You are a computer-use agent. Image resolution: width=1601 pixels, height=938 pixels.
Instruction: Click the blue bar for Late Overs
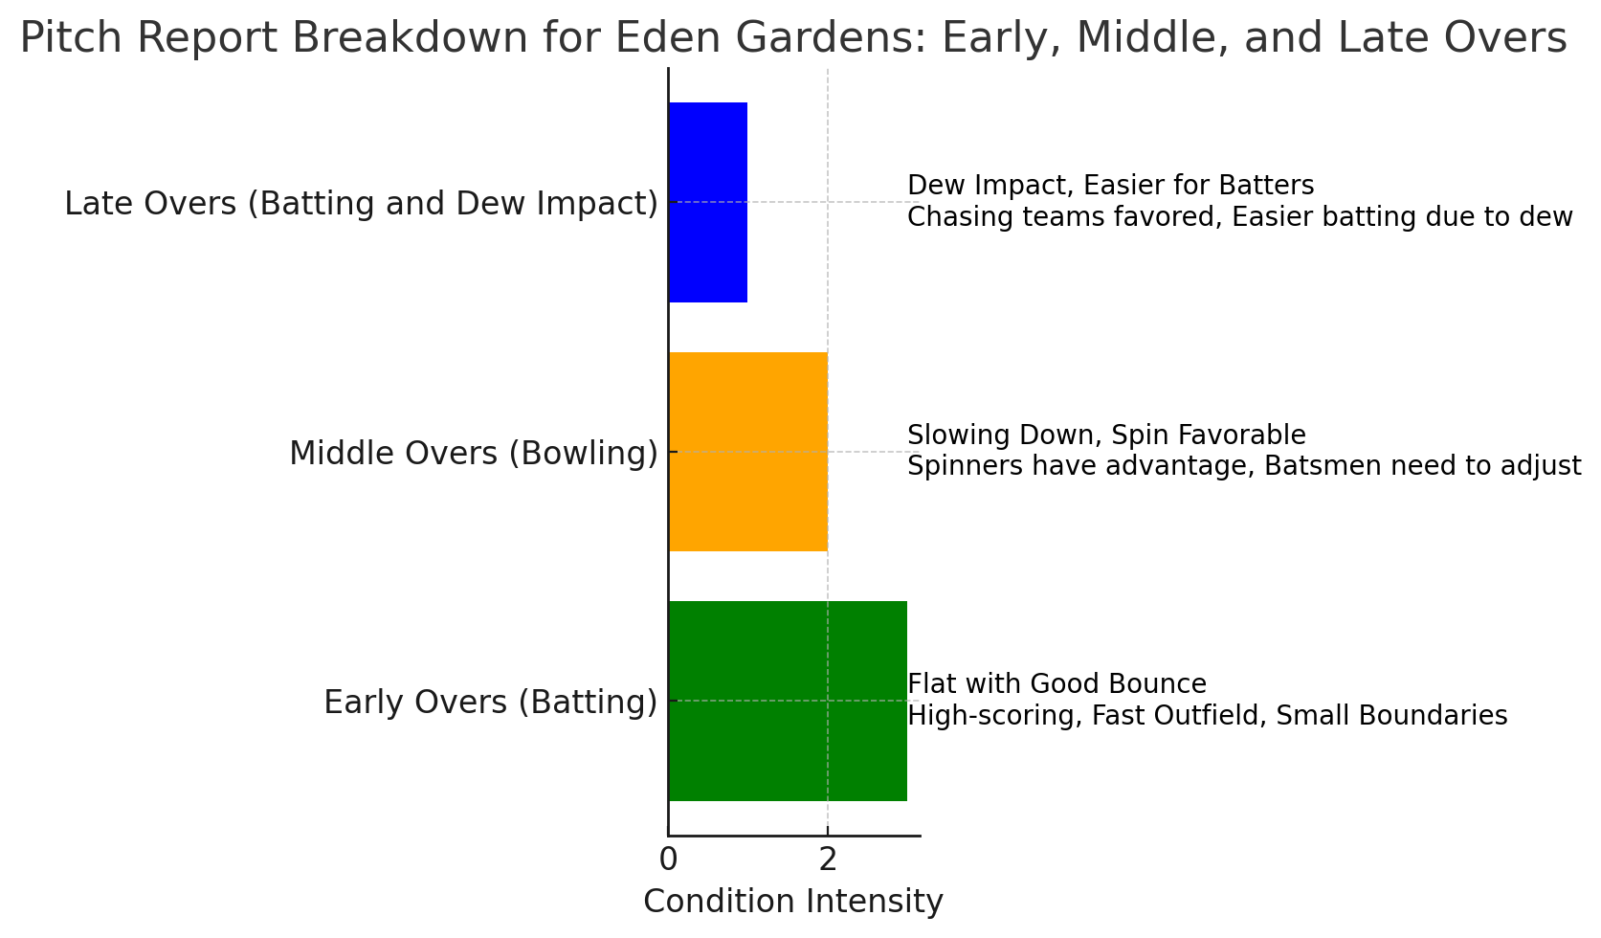tap(708, 202)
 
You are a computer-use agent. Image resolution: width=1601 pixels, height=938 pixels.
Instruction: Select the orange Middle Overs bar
tap(748, 452)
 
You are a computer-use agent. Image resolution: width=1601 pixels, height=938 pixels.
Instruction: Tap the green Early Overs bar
tap(788, 701)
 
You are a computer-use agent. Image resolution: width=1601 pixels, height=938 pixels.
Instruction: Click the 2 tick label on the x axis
tap(828, 860)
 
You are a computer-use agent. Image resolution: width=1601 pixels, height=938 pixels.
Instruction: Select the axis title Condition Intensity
tap(793, 902)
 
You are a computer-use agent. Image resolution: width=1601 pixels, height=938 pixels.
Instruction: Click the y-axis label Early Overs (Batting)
tap(490, 703)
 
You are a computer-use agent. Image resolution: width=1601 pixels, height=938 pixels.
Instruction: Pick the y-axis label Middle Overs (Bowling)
tap(473, 454)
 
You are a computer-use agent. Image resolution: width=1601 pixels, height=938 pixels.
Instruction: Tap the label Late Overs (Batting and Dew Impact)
tap(361, 204)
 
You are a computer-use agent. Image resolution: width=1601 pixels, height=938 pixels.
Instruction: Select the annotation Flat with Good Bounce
tap(1057, 684)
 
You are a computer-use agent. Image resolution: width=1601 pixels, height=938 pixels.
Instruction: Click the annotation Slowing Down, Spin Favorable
tap(1106, 435)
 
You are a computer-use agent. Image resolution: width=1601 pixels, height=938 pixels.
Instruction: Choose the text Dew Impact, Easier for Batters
tap(1111, 185)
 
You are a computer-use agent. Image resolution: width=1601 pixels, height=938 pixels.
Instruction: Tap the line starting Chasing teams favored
tap(1240, 216)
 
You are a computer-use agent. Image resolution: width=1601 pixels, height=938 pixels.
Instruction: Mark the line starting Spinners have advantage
tap(1244, 466)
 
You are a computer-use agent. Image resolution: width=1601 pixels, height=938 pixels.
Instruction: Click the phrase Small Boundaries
tap(1391, 716)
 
